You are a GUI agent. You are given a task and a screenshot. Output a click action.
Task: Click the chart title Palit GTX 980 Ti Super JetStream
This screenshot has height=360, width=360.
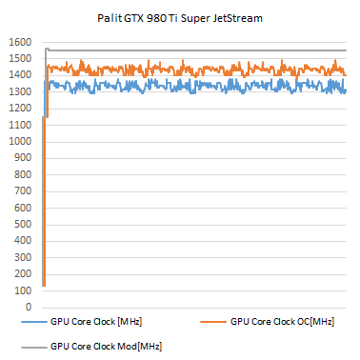pos(181,18)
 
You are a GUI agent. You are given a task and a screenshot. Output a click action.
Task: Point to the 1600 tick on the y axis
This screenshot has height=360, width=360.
pos(19,43)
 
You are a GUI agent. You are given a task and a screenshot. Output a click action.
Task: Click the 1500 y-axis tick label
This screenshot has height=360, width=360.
pos(19,59)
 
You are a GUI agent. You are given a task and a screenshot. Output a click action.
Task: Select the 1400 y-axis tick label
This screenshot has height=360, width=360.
pos(19,76)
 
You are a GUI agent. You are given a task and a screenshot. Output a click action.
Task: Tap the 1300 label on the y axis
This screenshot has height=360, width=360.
pos(19,92)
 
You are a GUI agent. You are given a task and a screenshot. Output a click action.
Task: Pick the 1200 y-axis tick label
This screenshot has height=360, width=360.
pos(19,109)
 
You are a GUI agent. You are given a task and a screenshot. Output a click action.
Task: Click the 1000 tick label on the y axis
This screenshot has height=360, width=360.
pos(19,142)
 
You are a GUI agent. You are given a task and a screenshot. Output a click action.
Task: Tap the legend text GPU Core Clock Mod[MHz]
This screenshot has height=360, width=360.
pos(105,345)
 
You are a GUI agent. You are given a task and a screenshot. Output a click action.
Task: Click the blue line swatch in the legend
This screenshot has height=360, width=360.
pos(32,323)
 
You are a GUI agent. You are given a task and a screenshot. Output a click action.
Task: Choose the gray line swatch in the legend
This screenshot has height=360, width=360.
pos(32,345)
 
